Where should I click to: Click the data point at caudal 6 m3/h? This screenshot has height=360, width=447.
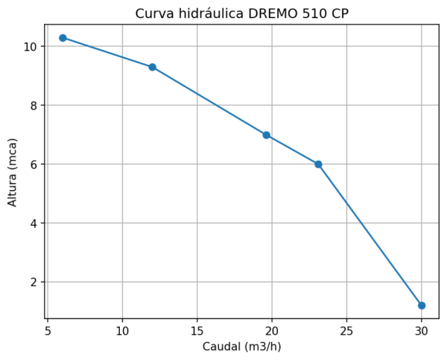pos(63,38)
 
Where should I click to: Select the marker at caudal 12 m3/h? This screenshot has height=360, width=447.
pos(152,67)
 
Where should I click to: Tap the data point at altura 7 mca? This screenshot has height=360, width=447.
pos(266,135)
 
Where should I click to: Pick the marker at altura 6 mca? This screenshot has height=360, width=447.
pos(318,164)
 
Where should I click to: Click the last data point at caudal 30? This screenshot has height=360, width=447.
pos(422,306)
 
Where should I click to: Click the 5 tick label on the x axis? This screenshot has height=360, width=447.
pos(48,330)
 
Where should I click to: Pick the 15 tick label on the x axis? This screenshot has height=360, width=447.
pos(197,330)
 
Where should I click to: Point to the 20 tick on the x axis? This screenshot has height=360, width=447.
pos(272,330)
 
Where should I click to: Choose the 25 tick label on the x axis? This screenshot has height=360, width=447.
pos(346,330)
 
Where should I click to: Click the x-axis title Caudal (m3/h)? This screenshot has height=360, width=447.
pos(241,347)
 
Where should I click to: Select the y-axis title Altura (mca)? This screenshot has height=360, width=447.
pos(13,171)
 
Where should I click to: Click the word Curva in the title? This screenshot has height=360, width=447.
pos(153,13)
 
